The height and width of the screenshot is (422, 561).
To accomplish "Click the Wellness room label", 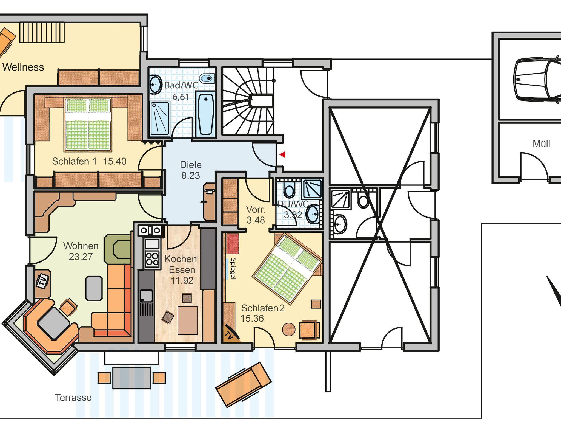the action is pyautogui.click(x=23, y=67).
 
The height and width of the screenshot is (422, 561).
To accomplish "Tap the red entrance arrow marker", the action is pyautogui.click(x=282, y=155).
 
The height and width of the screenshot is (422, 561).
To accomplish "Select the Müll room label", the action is pyautogui.click(x=541, y=144).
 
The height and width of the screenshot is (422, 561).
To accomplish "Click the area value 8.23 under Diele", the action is pyautogui.click(x=191, y=175).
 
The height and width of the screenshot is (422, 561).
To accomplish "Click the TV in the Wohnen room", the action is pyautogui.click(x=42, y=281).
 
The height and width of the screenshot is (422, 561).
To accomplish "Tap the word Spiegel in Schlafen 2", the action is pyautogui.click(x=233, y=269).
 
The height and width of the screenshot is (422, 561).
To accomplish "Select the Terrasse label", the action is pyautogui.click(x=73, y=397).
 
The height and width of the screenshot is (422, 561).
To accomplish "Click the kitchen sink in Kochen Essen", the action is pyautogui.click(x=147, y=296).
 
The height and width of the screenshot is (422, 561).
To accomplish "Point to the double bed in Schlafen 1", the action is pyautogui.click(x=88, y=124).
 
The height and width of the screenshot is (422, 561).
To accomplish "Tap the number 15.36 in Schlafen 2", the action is pyautogui.click(x=252, y=319).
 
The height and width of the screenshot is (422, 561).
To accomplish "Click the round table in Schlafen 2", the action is pyautogui.click(x=289, y=329).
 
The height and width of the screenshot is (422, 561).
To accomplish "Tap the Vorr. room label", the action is pyautogui.click(x=256, y=210).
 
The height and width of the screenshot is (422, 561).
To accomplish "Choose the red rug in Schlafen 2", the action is pyautogui.click(x=233, y=244).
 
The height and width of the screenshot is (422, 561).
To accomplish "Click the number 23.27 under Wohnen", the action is pyautogui.click(x=81, y=257).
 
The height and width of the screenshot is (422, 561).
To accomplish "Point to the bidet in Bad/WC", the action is pyautogui.click(x=206, y=78).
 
